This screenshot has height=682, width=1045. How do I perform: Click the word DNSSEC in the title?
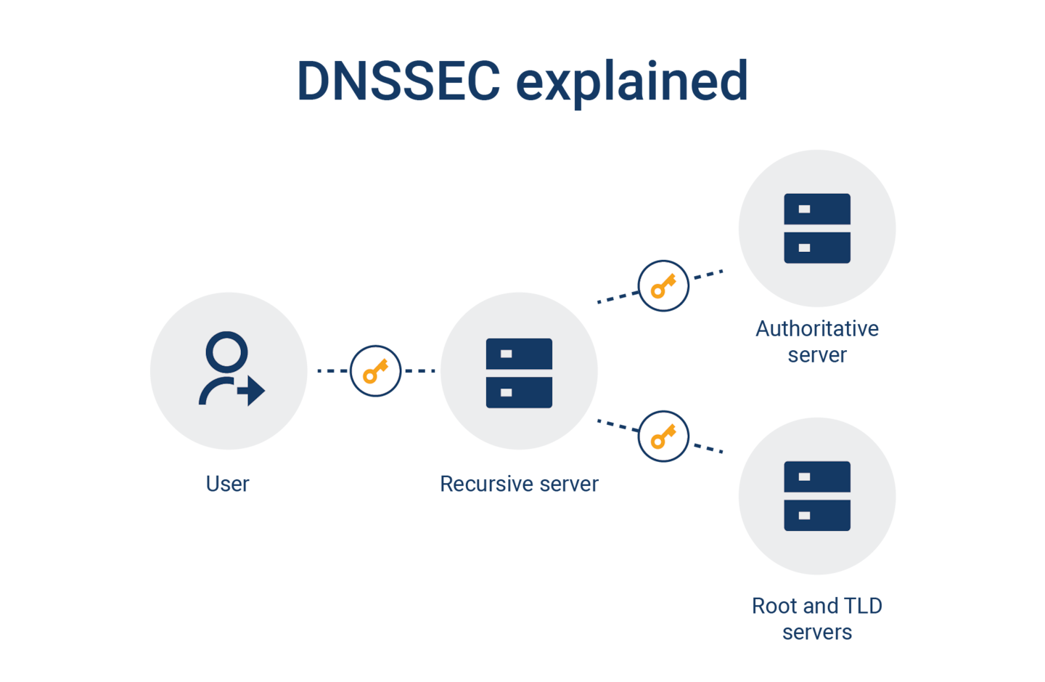[398, 81]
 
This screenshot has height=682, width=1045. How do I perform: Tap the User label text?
[227, 484]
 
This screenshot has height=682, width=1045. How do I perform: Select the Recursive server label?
[519, 484]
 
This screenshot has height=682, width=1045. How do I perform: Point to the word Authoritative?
[817, 329]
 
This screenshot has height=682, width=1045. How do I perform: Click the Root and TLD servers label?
[817, 618]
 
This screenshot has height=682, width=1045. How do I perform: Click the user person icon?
[229, 369]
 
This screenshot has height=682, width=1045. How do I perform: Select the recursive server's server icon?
[519, 373]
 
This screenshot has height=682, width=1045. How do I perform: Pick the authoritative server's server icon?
[817, 228]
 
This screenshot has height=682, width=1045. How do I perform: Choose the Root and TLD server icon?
[817, 496]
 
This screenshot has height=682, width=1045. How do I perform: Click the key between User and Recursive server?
[375, 371]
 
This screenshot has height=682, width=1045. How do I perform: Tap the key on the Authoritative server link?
[663, 286]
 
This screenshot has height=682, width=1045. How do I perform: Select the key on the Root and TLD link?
[663, 437]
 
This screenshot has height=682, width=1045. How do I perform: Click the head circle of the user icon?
[226, 352]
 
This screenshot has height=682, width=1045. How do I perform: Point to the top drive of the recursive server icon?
[519, 354]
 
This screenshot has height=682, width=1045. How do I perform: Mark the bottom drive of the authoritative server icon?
[817, 248]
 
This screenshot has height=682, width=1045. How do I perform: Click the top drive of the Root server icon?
[817, 477]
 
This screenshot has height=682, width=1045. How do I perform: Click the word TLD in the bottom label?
[863, 606]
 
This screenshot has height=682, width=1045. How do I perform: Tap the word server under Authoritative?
[817, 355]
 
